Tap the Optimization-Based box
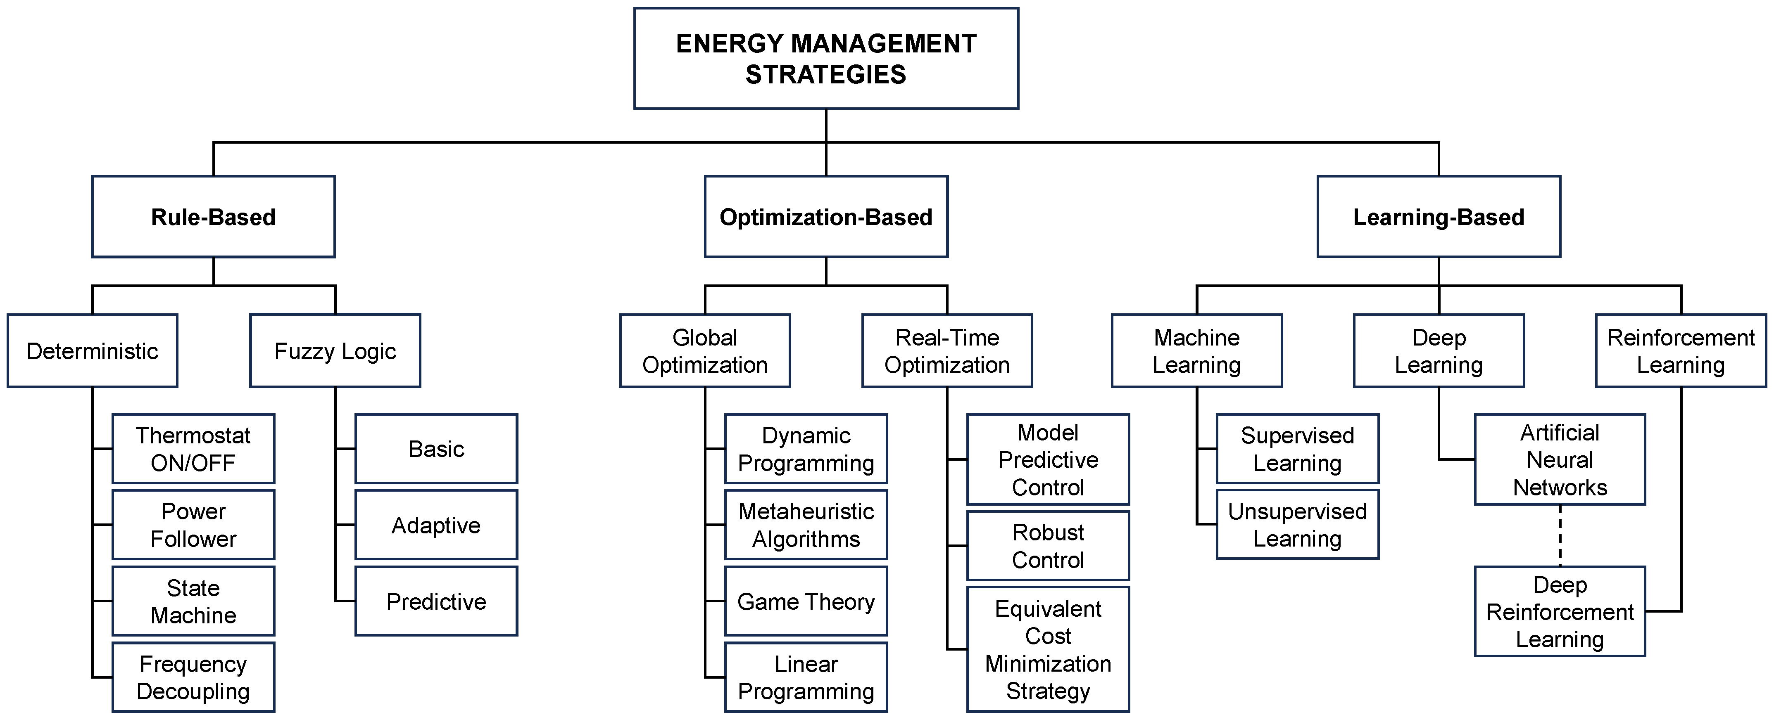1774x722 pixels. (826, 217)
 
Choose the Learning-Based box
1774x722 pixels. (1438, 217)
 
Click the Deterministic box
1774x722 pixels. (92, 351)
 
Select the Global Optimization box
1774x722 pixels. (704, 351)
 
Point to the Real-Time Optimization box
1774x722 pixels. (947, 351)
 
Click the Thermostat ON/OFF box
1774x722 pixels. (193, 449)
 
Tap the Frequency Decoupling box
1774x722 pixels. (193, 677)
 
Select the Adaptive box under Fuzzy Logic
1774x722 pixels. (436, 525)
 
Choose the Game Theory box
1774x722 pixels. (806, 601)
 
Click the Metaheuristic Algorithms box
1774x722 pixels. (806, 525)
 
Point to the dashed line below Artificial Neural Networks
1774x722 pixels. (1560, 535)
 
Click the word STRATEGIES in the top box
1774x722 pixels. (826, 74)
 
